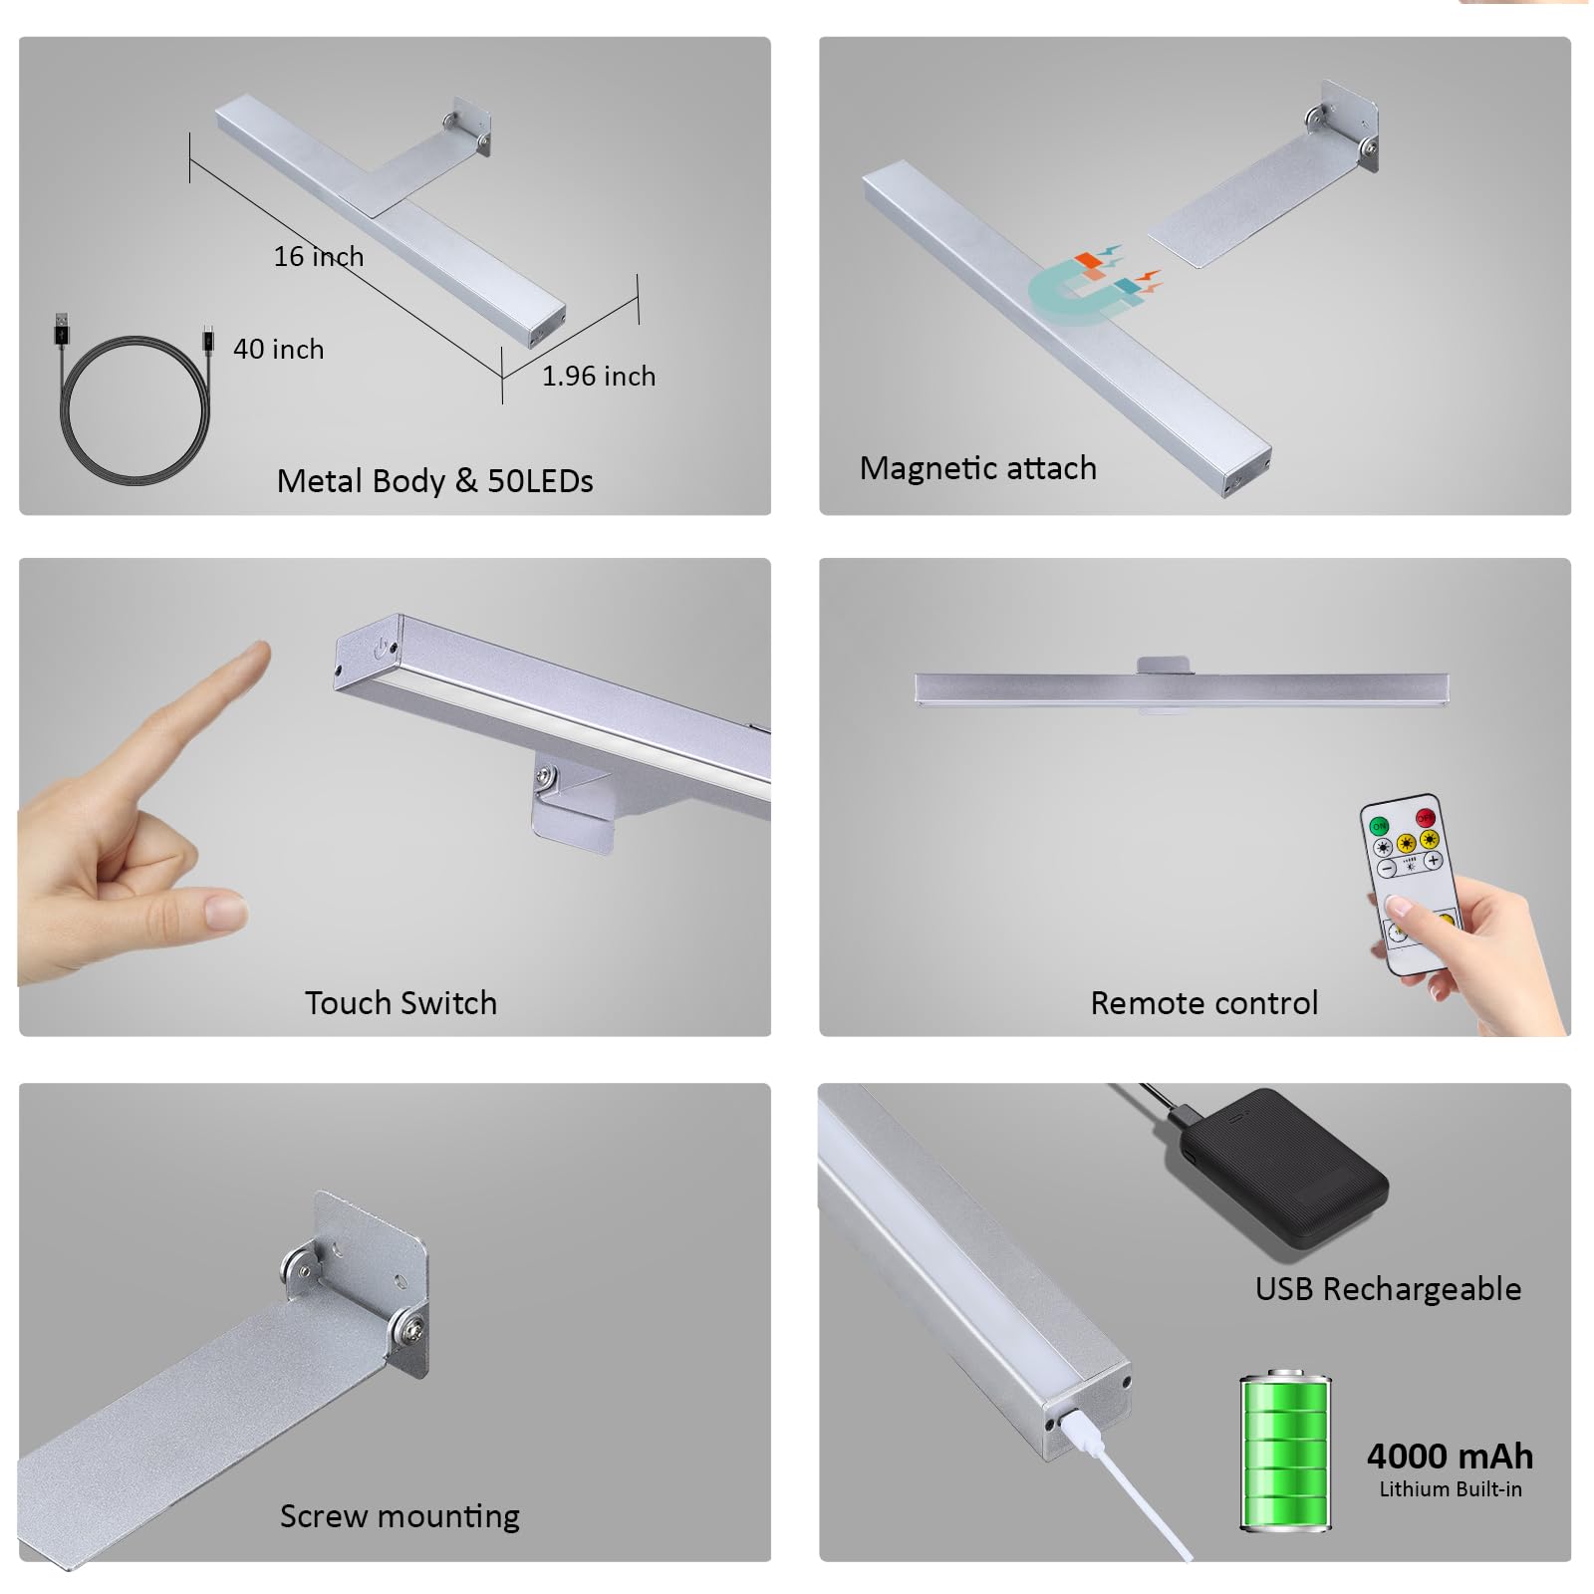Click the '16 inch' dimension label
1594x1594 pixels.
point(318,257)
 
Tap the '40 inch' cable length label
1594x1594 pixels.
point(278,350)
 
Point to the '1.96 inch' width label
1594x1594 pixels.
point(598,377)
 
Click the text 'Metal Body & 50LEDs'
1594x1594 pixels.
point(434,481)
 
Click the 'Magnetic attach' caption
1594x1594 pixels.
point(977,468)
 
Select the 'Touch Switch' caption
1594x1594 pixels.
point(400,1003)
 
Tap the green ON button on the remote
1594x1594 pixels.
point(1379,826)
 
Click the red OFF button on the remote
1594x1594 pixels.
point(1425,817)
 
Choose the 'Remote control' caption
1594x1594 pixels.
point(1203,1003)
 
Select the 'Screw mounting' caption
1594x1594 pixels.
point(399,1516)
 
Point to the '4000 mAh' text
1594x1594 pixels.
point(1450,1457)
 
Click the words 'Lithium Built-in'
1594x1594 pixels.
point(1450,1489)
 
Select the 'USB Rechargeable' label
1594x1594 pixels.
point(1387,1289)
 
